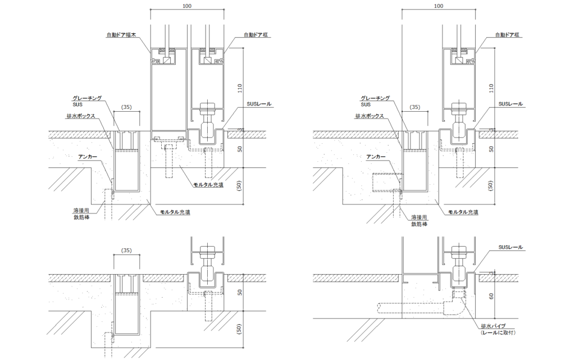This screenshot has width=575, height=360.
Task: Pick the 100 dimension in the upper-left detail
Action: click(186, 6)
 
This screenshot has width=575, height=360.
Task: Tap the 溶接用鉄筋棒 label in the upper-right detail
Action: click(419, 220)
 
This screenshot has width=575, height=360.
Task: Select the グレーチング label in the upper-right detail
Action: click(376, 98)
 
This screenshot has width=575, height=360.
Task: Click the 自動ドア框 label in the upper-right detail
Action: click(508, 35)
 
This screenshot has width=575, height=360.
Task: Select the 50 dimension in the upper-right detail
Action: click(492, 149)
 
